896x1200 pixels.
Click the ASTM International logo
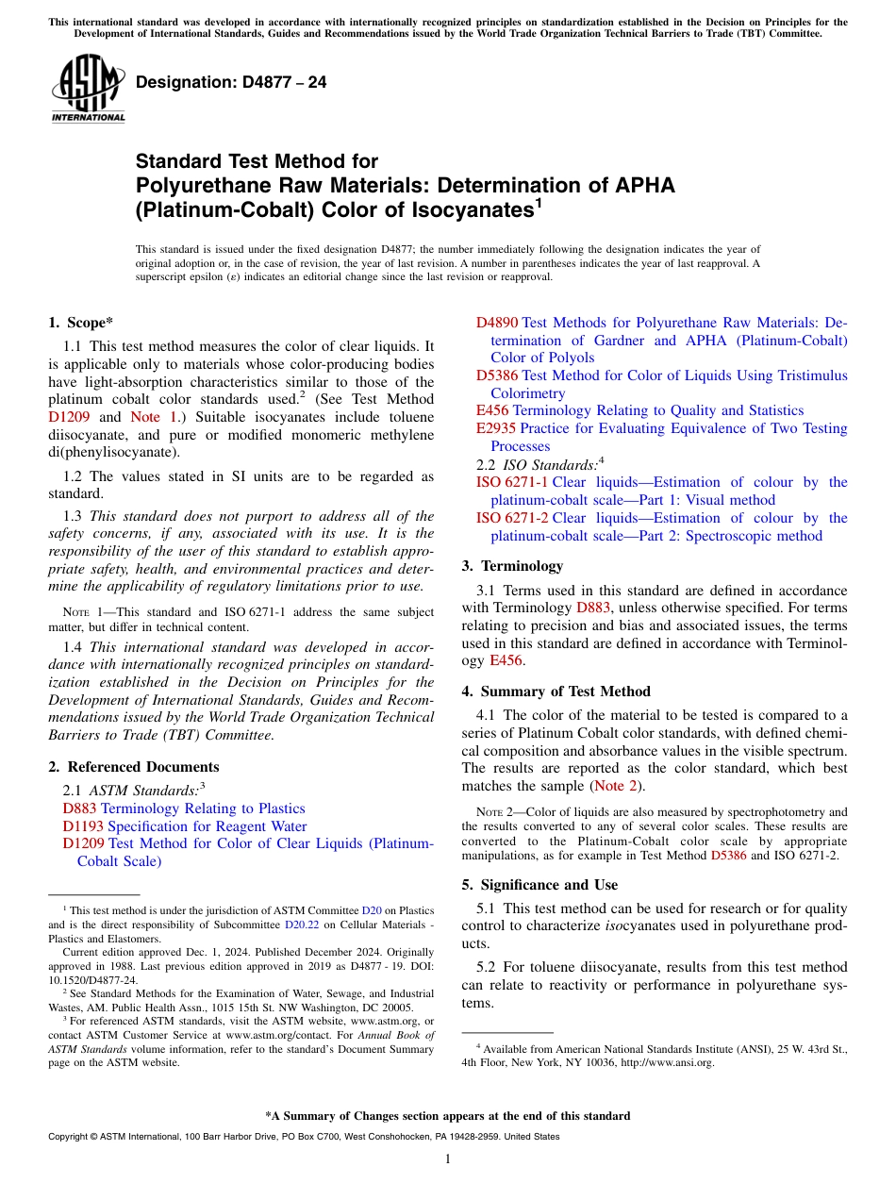pos(88,88)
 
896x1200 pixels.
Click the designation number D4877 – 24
pos(231,82)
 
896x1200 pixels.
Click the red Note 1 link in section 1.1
pos(151,417)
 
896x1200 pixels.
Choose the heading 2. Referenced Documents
pos(133,767)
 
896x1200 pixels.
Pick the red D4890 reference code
pos(497,323)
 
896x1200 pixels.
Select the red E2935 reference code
pos(496,428)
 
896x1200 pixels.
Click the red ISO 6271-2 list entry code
pos(513,518)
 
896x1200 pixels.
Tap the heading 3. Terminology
pos(512,566)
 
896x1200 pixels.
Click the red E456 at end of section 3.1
pos(508,660)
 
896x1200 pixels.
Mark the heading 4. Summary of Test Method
pos(556,692)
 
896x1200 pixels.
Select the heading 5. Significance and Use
pos(539,885)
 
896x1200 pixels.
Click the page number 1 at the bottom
pos(448,1158)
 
